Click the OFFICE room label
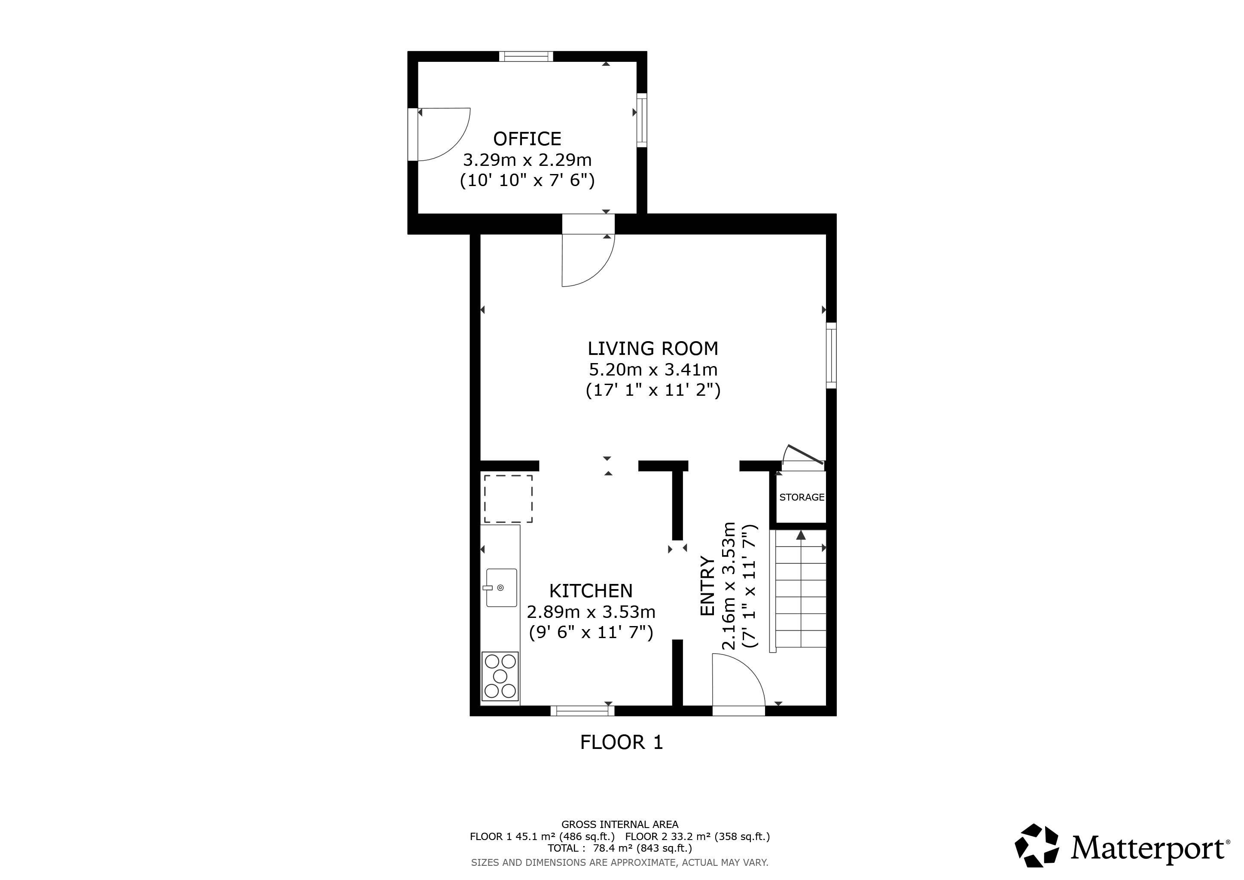coord(527,139)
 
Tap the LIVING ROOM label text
coord(653,348)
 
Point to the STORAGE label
coord(802,497)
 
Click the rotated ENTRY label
coord(707,586)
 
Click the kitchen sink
coord(501,587)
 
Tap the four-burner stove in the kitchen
coord(500,676)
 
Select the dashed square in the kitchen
coord(508,498)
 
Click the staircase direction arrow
coord(801,535)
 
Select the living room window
coord(831,355)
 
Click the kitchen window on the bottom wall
coord(582,710)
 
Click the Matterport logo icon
coord(1037,846)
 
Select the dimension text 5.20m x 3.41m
coord(653,370)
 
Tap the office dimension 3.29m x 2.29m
coord(527,160)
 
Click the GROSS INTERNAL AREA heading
coord(620,825)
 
